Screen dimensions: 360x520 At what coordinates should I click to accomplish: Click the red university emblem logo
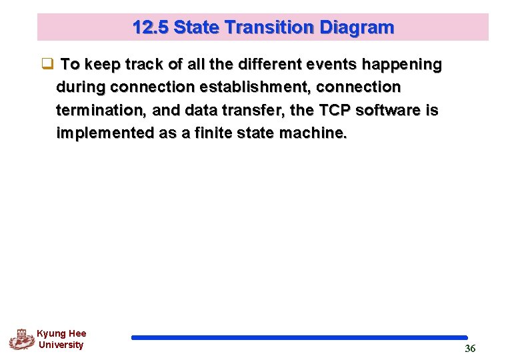coord(21,339)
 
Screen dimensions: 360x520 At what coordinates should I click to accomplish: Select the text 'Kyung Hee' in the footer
coord(61,333)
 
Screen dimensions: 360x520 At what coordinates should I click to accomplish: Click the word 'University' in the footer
coord(61,345)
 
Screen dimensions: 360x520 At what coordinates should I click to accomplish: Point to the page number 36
coord(470,349)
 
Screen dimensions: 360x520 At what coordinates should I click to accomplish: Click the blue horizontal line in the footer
coord(299,338)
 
